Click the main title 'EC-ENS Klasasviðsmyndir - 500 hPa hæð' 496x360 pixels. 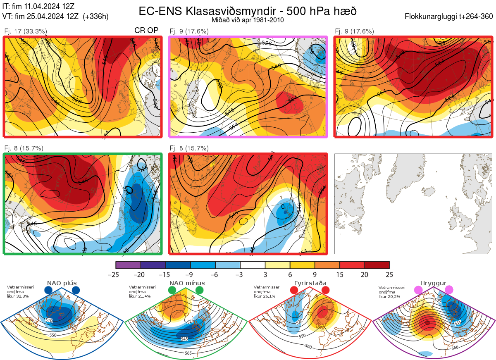[247, 11]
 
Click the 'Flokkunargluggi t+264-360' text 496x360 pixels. [450, 17]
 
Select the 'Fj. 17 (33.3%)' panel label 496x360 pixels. [26, 31]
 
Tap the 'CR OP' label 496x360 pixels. [147, 31]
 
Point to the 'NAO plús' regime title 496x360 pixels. [62, 283]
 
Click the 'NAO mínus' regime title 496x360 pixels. [187, 283]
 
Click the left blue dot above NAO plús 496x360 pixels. [48, 291]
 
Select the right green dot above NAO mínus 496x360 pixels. [200, 291]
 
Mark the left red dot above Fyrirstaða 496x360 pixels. [294, 291]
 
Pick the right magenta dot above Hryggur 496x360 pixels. [449, 291]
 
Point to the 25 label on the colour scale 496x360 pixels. [389, 274]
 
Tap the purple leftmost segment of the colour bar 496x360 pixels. [128, 265]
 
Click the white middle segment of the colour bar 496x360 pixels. [253, 265]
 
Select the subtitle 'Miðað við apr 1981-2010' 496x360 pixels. [247, 20]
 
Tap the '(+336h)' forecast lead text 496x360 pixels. [96, 17]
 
